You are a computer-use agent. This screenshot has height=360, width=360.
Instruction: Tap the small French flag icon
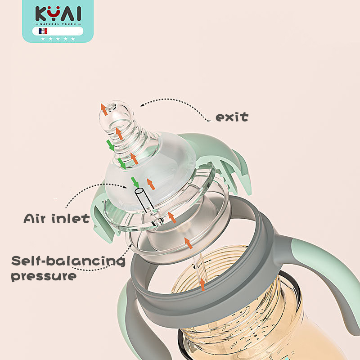43,31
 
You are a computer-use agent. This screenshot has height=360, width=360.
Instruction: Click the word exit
232,117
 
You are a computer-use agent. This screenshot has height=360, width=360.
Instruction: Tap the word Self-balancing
68,261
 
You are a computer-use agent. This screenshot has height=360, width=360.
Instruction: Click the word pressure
43,276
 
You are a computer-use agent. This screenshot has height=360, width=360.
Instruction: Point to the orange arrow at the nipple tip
104,108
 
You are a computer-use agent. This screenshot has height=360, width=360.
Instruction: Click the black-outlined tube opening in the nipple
139,192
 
